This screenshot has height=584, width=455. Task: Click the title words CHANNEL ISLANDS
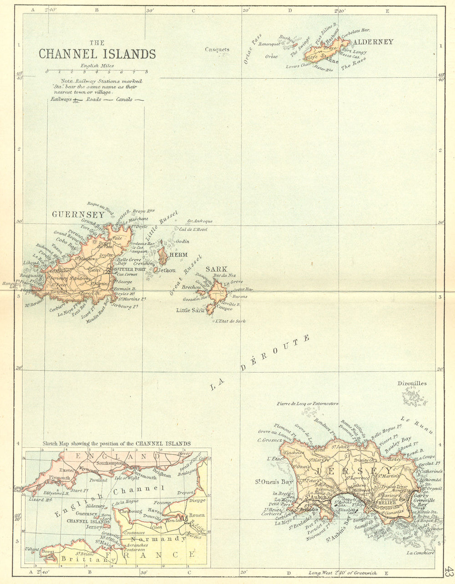coord(97,54)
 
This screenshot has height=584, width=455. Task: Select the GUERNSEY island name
coord(78,214)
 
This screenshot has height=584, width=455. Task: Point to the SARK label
coord(216,269)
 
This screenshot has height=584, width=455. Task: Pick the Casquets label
coord(217,50)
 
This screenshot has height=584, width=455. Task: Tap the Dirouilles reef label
coord(412,383)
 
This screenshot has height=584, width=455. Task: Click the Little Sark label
coord(190,310)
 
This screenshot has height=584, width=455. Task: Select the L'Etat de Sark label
coord(231,321)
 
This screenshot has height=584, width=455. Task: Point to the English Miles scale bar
coord(96,71)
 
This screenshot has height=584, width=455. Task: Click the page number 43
coord(449,570)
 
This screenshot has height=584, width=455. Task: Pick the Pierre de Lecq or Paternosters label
coord(307,404)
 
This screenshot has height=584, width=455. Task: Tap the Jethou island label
coord(167,270)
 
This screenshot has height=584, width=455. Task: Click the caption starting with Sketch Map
coord(116,443)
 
